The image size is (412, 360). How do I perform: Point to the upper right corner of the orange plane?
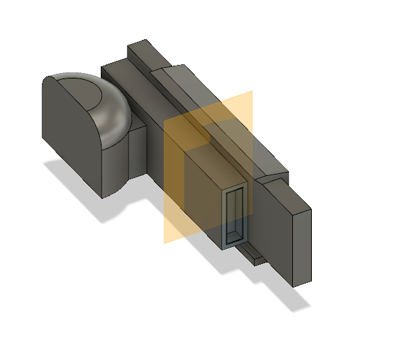[x=252, y=92]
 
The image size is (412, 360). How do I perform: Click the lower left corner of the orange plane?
[x=166, y=242]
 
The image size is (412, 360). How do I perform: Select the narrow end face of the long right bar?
[x=302, y=246]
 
